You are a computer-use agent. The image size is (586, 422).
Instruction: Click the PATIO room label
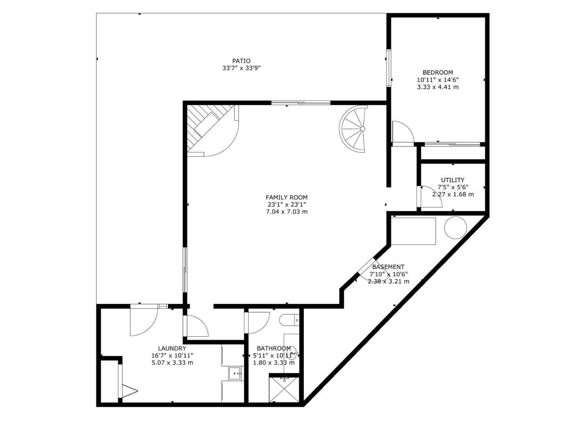(x=241, y=61)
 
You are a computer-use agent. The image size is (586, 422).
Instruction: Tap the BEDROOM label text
(x=438, y=72)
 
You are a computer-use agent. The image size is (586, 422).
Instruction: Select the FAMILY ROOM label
(x=287, y=197)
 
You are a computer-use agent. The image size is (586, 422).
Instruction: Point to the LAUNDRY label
(x=172, y=349)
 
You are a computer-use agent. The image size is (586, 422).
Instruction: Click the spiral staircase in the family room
(x=354, y=129)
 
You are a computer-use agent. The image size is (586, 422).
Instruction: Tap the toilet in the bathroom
(x=289, y=320)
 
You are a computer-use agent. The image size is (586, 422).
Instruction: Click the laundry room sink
(x=235, y=374)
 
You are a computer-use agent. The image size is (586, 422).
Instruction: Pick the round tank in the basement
(x=456, y=227)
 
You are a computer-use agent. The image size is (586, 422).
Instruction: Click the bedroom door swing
(x=403, y=132)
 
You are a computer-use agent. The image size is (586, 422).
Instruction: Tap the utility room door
(x=431, y=197)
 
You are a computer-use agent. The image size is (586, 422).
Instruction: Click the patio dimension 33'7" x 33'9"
(x=241, y=68)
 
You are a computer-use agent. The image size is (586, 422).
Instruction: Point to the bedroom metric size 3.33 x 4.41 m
(x=438, y=87)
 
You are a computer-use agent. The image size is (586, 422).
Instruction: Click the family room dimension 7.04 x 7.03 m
(x=287, y=212)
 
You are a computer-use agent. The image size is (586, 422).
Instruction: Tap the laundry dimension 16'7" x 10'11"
(x=172, y=356)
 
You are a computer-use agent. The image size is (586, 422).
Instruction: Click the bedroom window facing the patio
(x=389, y=68)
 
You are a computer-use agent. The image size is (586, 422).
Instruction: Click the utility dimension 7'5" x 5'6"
(x=453, y=187)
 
